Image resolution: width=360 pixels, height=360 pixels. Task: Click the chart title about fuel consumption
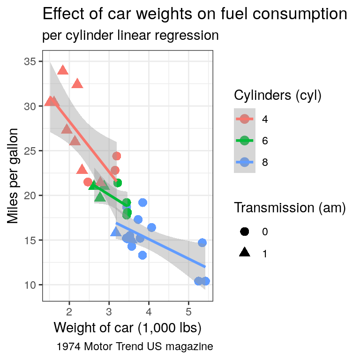[x=195, y=15]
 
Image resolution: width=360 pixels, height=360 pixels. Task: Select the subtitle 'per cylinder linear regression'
[x=130, y=36]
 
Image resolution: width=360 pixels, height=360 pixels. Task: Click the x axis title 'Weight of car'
[x=127, y=328]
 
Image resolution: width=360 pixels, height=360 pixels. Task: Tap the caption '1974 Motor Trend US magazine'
[x=135, y=347]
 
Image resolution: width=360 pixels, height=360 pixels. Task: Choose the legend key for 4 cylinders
[x=245, y=119]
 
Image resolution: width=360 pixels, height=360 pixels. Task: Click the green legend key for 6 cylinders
[x=245, y=141]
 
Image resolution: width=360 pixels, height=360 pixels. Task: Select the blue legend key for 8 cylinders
[x=245, y=162]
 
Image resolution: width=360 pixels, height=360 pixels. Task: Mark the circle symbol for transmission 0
[x=245, y=232]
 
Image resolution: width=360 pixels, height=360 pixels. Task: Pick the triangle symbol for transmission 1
[x=245, y=253]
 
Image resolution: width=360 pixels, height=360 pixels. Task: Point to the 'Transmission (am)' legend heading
[x=290, y=208]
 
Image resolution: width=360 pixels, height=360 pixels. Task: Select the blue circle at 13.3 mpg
[x=142, y=255]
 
